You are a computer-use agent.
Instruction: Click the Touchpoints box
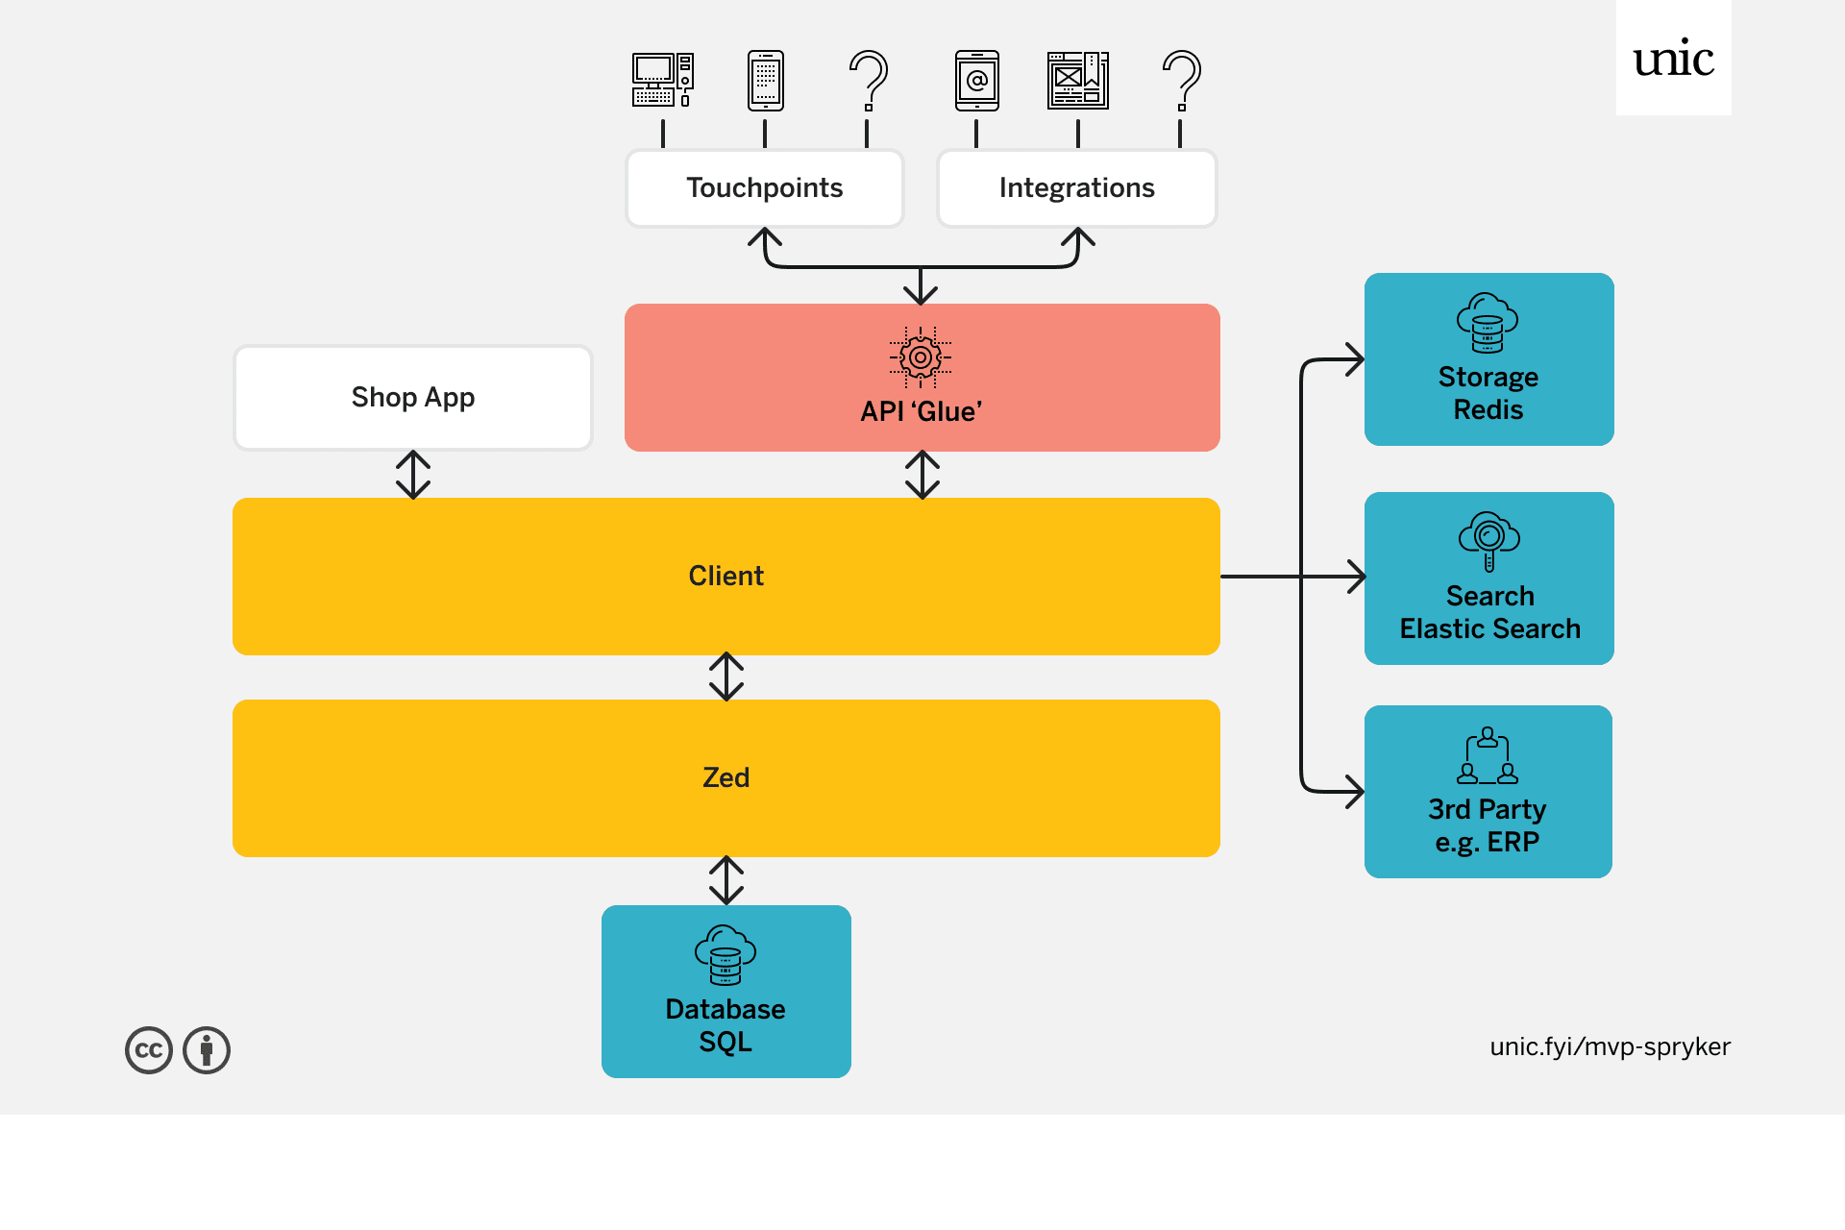coord(764,188)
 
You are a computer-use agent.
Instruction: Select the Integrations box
coord(1076,188)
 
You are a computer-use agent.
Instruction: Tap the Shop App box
coord(413,397)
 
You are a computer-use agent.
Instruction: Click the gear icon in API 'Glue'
coord(921,357)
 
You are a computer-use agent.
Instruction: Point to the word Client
coord(726,576)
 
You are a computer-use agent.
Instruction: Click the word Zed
coord(726,777)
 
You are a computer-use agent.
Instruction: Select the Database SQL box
coord(726,992)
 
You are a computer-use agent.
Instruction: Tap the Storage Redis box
coord(1488,359)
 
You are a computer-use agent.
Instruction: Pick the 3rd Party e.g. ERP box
coord(1488,792)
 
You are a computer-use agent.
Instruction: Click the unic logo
coord(1673,59)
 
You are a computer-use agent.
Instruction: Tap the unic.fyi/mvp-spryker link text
coord(1610,1046)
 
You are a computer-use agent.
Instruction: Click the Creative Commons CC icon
coord(149,1050)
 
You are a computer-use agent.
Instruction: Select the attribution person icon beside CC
coord(207,1050)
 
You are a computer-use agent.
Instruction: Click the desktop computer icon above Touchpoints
coord(662,80)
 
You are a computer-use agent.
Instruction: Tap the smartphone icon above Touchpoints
coord(766,80)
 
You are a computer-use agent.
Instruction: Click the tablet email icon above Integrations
coord(976,80)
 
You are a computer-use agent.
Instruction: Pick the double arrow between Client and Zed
coord(726,676)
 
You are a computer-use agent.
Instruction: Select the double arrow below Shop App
coord(413,475)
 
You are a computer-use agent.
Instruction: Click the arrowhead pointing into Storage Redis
coord(1355,359)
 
